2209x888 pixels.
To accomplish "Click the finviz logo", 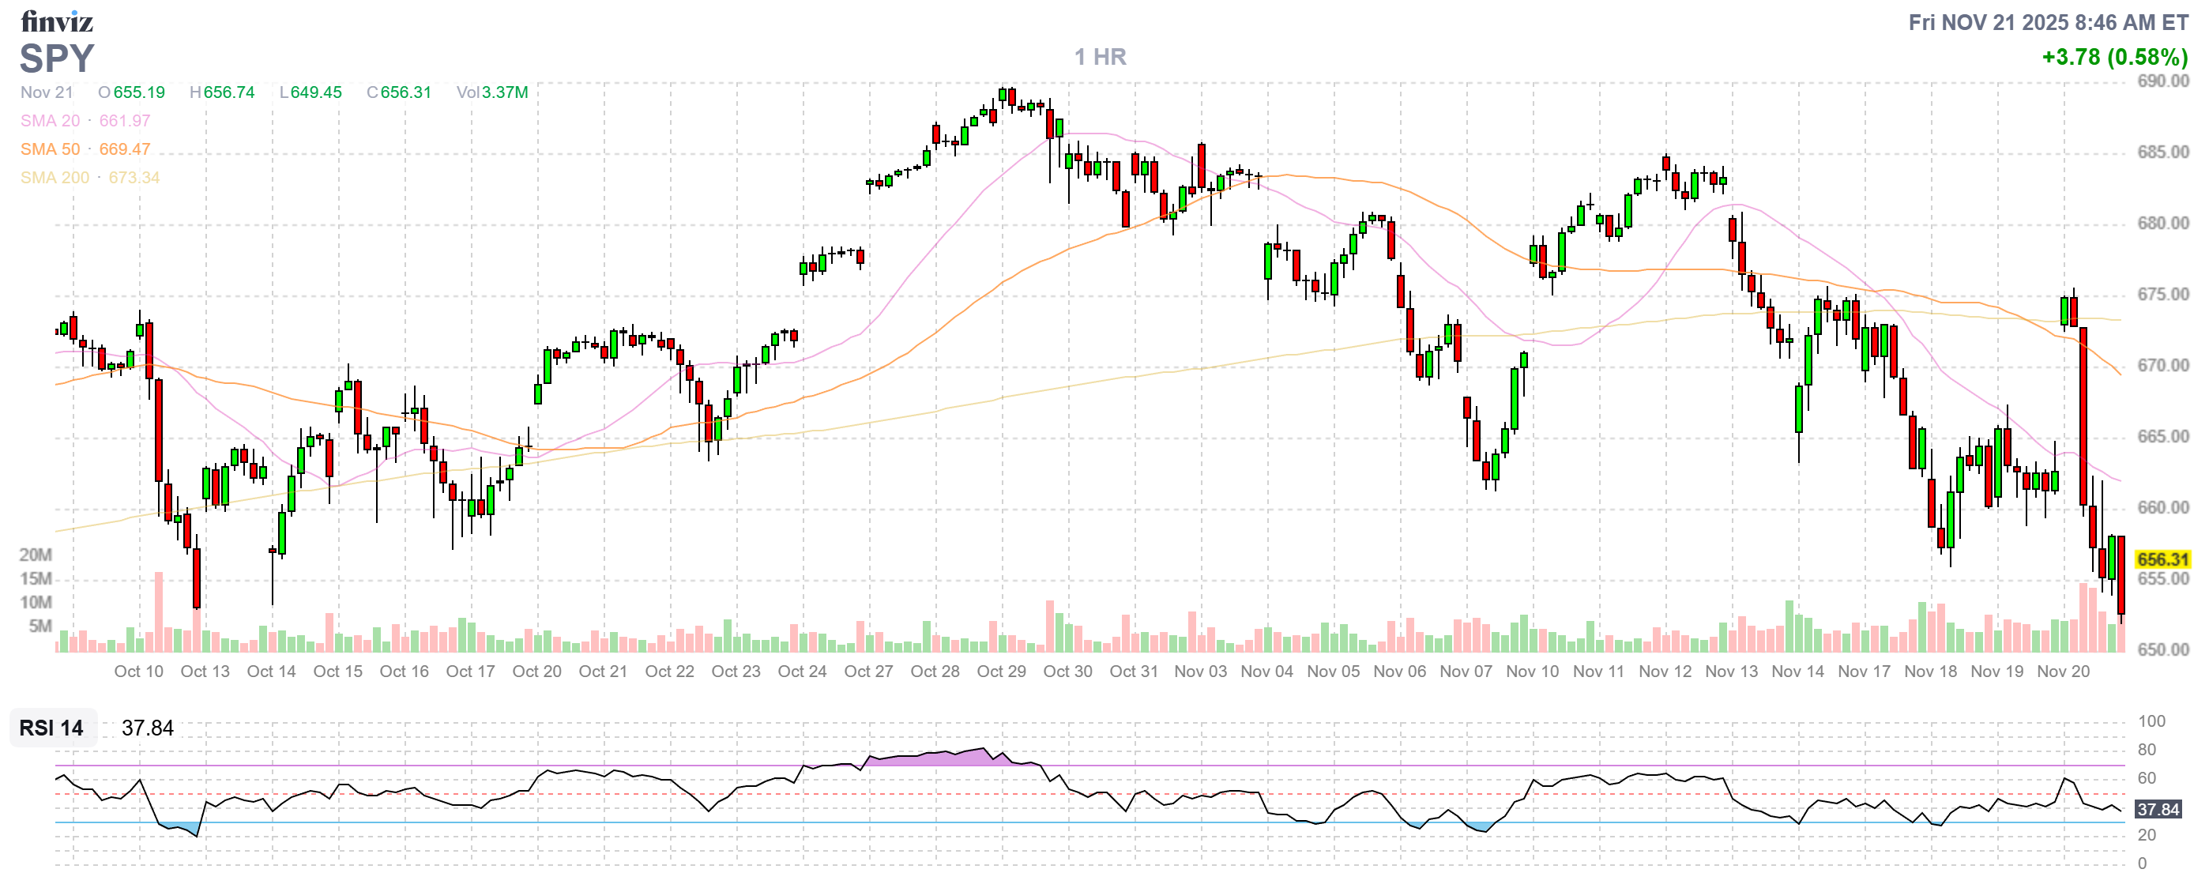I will pos(57,21).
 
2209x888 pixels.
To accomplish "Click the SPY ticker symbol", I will pos(57,58).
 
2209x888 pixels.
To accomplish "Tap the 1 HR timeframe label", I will pos(1101,57).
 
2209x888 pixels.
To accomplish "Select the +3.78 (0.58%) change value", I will pos(2114,57).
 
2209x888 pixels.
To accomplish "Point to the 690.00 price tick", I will pos(2162,81).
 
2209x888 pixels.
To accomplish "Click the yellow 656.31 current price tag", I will pos(2162,559).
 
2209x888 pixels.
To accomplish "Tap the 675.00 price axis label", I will pos(2162,294).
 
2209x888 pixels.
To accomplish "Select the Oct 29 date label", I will pos(1001,672).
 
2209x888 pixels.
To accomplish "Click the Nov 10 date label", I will pos(1532,672).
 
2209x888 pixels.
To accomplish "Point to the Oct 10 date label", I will pos(138,672).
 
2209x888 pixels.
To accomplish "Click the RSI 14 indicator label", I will pos(51,728).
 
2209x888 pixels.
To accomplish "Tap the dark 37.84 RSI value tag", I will pos(2158,809).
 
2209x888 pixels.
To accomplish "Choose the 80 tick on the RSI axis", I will pos(2147,749).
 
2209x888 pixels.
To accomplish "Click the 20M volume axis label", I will pos(36,555).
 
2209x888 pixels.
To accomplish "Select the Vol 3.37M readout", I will pos(492,92).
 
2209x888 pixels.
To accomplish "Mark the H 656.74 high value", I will pos(222,92).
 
